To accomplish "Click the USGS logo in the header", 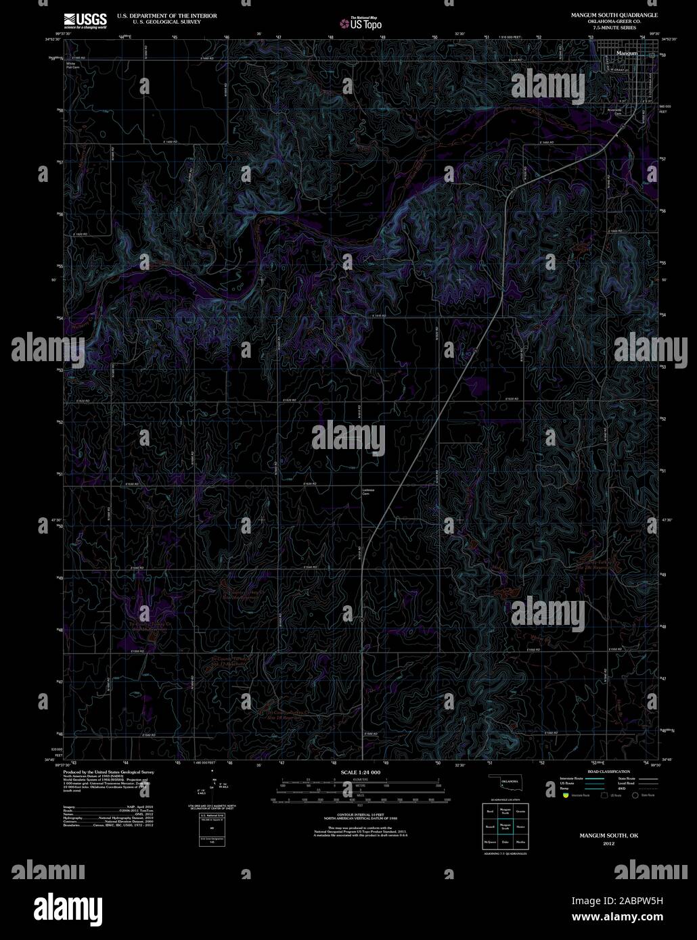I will (85, 20).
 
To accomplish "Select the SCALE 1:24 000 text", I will (361, 772).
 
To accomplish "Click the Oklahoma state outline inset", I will (504, 782).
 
